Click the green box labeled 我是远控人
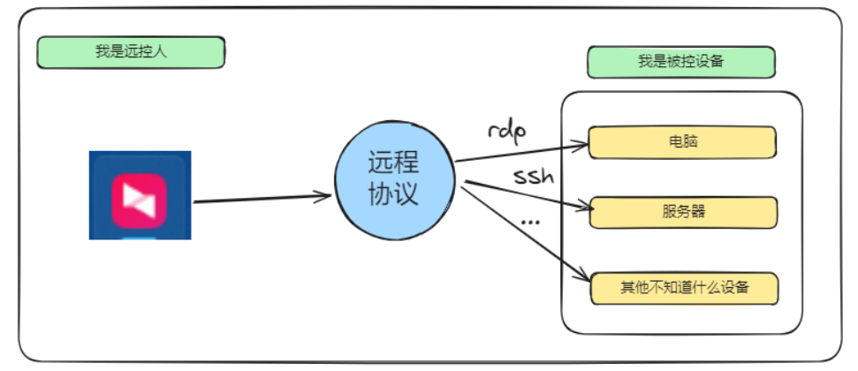131,51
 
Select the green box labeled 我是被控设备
680,62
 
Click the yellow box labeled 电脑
682,141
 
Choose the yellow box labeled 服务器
682,212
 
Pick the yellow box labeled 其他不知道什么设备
682,288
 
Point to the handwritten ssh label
534,176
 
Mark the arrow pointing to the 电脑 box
521,150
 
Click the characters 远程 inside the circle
393,163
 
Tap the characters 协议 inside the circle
393,195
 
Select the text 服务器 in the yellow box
682,212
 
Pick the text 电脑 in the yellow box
682,141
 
